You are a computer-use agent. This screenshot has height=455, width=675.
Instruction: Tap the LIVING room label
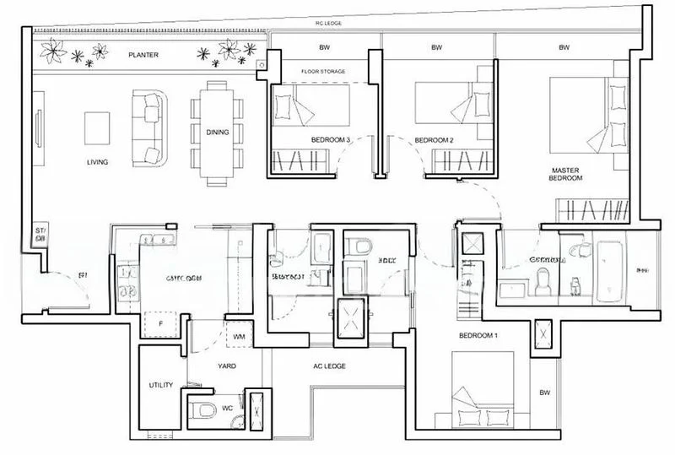pyautogui.click(x=100, y=161)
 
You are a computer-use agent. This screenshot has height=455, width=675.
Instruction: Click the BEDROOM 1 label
pyautogui.click(x=478, y=335)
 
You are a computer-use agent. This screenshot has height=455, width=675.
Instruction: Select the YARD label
pyautogui.click(x=225, y=366)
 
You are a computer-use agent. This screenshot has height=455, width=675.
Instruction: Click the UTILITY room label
pyautogui.click(x=161, y=385)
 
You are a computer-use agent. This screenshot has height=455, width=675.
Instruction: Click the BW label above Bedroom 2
pyautogui.click(x=437, y=48)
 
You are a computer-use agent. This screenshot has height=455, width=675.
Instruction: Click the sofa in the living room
pyautogui.click(x=150, y=127)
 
